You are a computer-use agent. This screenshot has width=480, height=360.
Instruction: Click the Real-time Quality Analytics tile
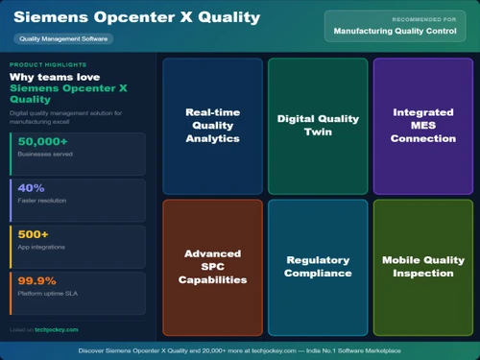tap(212, 126)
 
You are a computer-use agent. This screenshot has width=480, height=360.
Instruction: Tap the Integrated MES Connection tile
tap(423, 126)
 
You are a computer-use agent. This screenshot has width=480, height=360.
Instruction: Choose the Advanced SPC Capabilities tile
tap(212, 267)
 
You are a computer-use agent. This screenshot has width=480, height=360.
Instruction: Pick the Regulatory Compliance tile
tap(318, 267)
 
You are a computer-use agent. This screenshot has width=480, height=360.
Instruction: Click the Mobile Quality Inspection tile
tap(423, 267)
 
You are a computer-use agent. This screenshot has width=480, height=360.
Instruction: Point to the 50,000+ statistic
tap(44, 142)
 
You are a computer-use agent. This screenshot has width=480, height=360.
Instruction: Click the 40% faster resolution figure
tap(31, 188)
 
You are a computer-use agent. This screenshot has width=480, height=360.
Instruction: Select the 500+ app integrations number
tap(33, 234)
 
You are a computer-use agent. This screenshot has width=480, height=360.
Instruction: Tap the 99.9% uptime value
tap(36, 280)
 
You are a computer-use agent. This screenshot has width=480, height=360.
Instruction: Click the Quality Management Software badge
tap(63, 39)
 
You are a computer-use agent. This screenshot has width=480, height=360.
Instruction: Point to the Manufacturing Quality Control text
tap(395, 31)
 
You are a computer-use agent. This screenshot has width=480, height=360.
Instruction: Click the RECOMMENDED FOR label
tap(423, 19)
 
